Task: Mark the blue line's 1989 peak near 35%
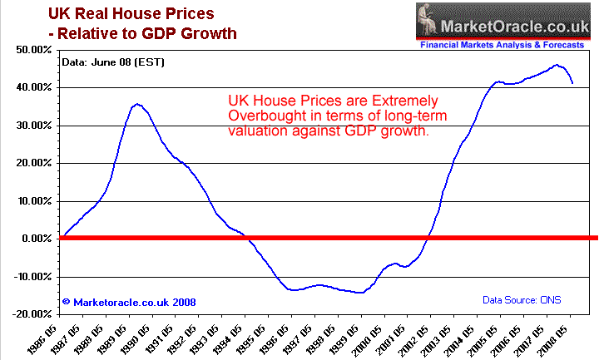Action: click(137, 104)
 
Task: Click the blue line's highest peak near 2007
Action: click(557, 65)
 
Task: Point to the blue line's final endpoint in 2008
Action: click(572, 83)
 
